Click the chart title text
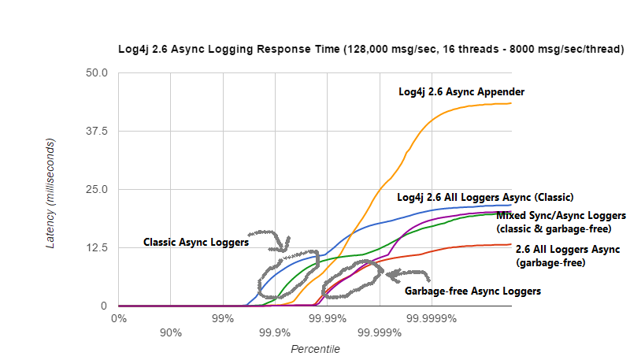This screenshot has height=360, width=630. pos(371,49)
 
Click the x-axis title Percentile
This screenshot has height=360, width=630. pos(315,348)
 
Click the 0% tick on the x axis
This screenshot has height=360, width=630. pos(119,318)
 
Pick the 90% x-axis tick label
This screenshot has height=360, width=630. pos(171,332)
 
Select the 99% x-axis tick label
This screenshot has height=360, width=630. pos(223,318)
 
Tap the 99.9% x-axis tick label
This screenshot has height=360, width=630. pos(275,332)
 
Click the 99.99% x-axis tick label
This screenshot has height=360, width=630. pos(327,318)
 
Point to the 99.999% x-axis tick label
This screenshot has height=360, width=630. pos(380,332)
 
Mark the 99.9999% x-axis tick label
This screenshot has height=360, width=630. pos(431,318)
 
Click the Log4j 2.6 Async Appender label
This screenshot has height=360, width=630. pos(461,92)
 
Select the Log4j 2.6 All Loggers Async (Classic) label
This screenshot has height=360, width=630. pos(484,197)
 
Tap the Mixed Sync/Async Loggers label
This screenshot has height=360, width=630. pos(561,215)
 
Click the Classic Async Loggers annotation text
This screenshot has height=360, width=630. pos(196,243)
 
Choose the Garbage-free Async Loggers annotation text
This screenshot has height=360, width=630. pos(472,291)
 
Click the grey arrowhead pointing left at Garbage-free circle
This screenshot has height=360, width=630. pos(390,274)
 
